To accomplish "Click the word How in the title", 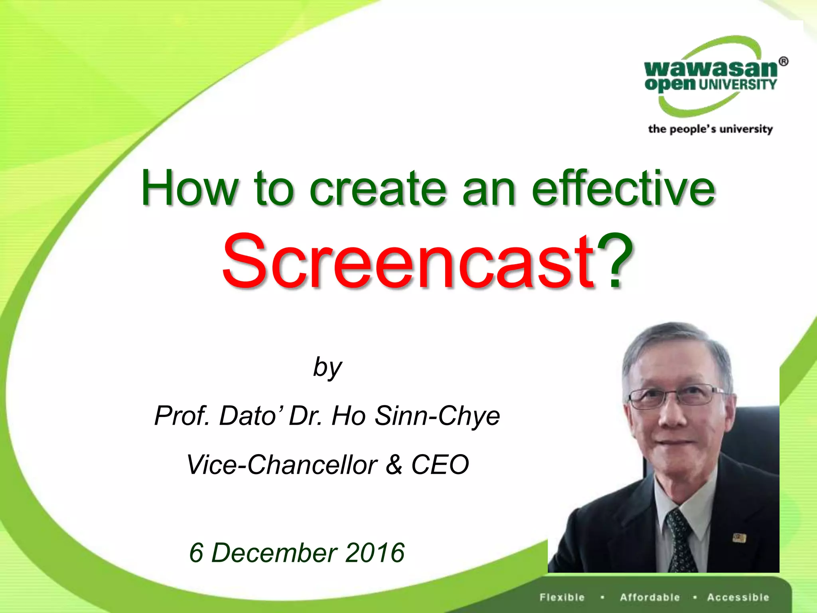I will click(190, 188).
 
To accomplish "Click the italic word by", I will click(327, 367).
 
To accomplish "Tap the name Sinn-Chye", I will click(437, 416).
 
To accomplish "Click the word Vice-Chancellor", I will click(282, 465).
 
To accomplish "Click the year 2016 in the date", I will click(375, 553).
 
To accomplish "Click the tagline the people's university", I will click(710, 129).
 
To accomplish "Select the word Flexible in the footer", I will click(562, 597).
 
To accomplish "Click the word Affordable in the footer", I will click(650, 597).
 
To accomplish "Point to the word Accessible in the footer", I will click(738, 597).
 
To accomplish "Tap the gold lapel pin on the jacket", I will click(739, 538).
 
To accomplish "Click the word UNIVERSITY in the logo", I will click(738, 85).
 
